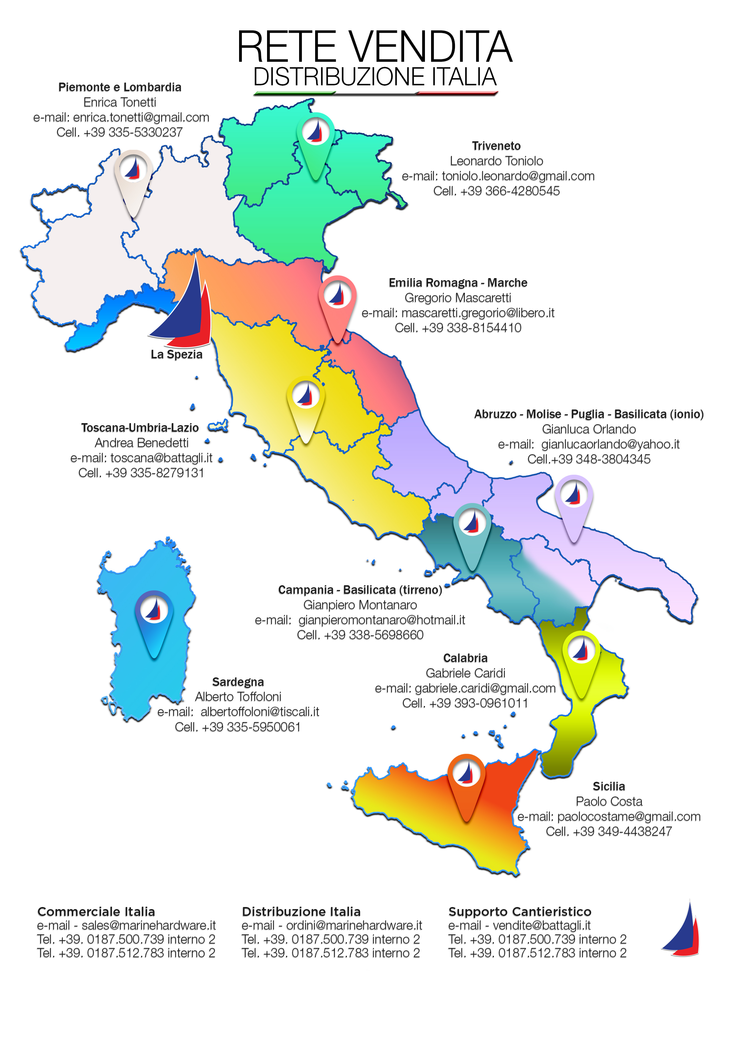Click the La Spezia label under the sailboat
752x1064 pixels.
pos(176,355)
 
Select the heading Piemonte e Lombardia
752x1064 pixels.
pos(119,87)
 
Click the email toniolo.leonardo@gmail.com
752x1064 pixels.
pos(518,176)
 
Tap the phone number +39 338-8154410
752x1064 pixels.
pos(471,328)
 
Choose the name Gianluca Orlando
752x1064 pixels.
pos(589,429)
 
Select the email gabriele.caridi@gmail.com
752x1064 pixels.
pos(485,688)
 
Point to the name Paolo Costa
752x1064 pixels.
pos(608,801)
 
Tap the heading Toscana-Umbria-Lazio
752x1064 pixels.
pos(140,428)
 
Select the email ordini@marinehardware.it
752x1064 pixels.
pos(354,925)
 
